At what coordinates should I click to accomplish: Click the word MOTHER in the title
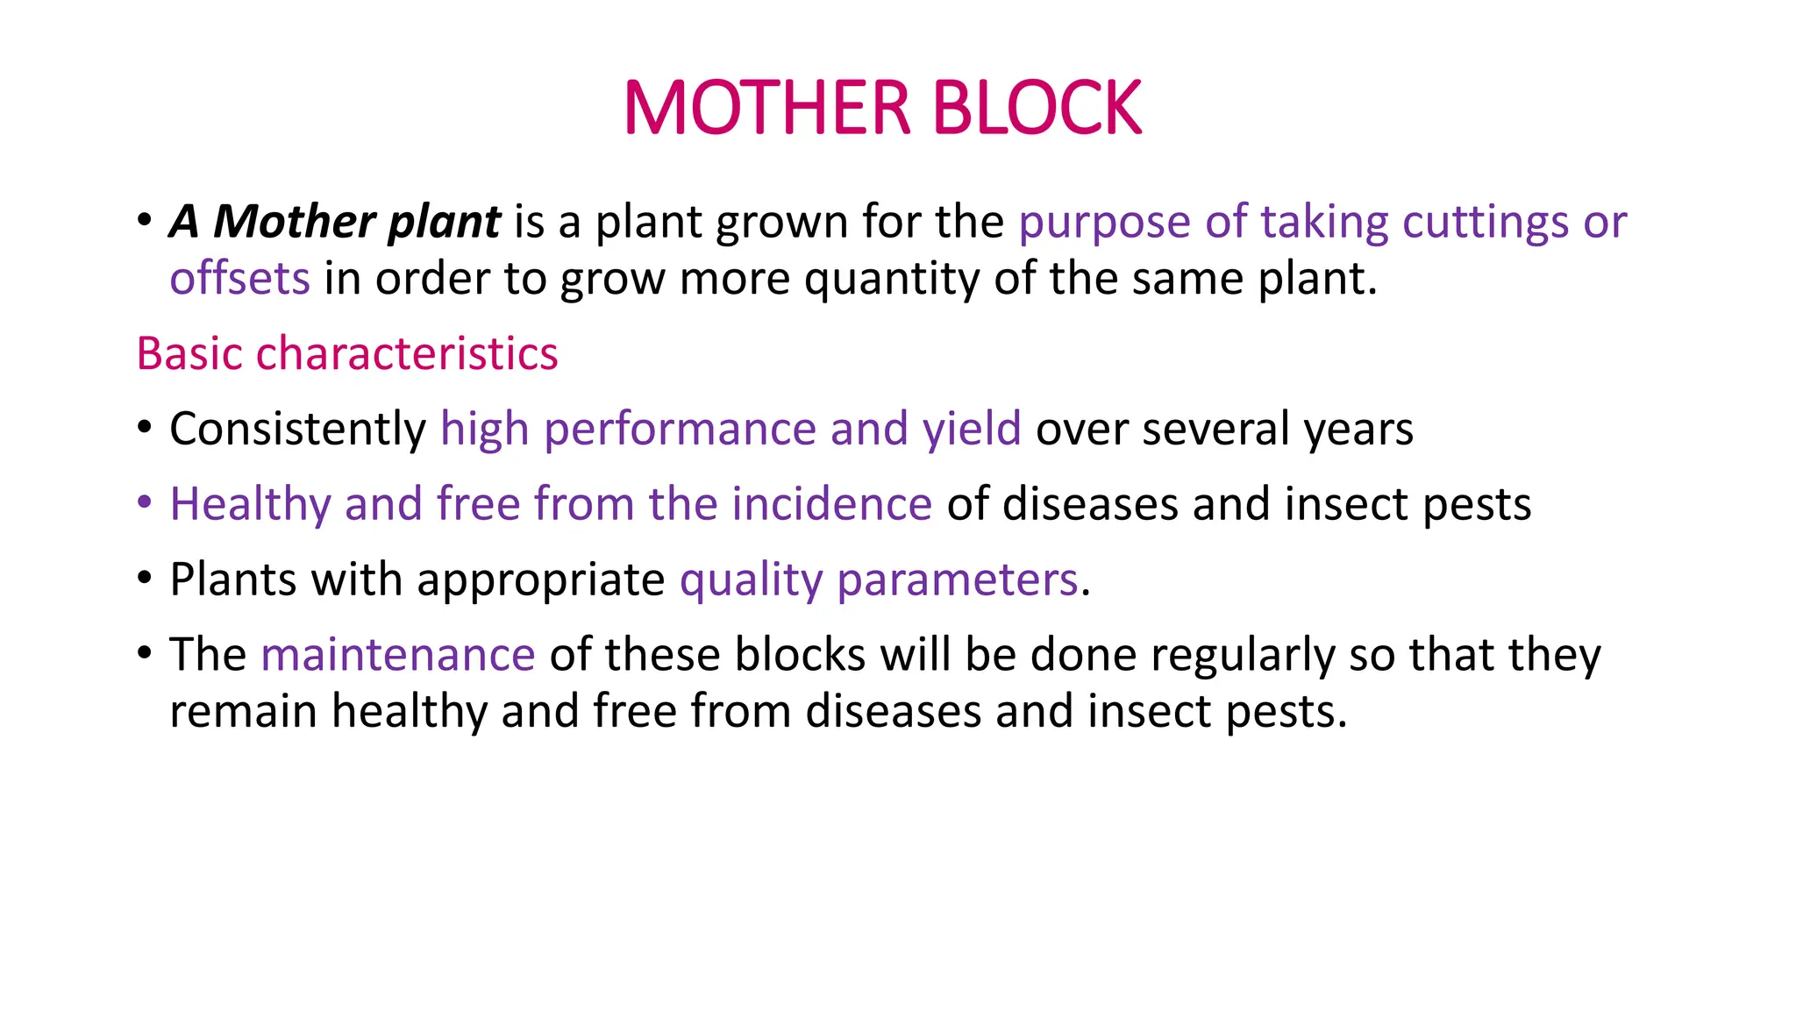tap(767, 108)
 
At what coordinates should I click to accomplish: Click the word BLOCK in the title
tap(1037, 108)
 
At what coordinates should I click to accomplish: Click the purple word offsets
tap(239, 279)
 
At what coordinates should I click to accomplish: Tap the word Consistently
tap(297, 430)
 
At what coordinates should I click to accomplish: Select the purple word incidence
tap(831, 505)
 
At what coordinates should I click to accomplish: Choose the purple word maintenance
tap(398, 656)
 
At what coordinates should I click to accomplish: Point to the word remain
tap(243, 712)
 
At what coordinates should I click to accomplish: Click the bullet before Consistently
tap(145, 428)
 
